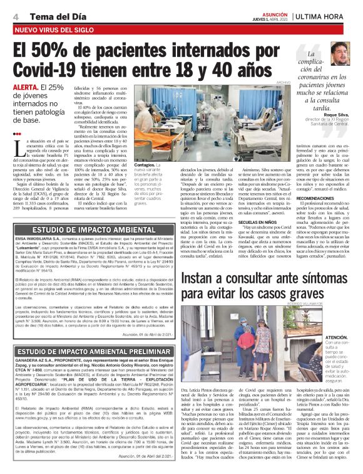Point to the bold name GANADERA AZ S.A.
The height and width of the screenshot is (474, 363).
(x=36, y=362)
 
